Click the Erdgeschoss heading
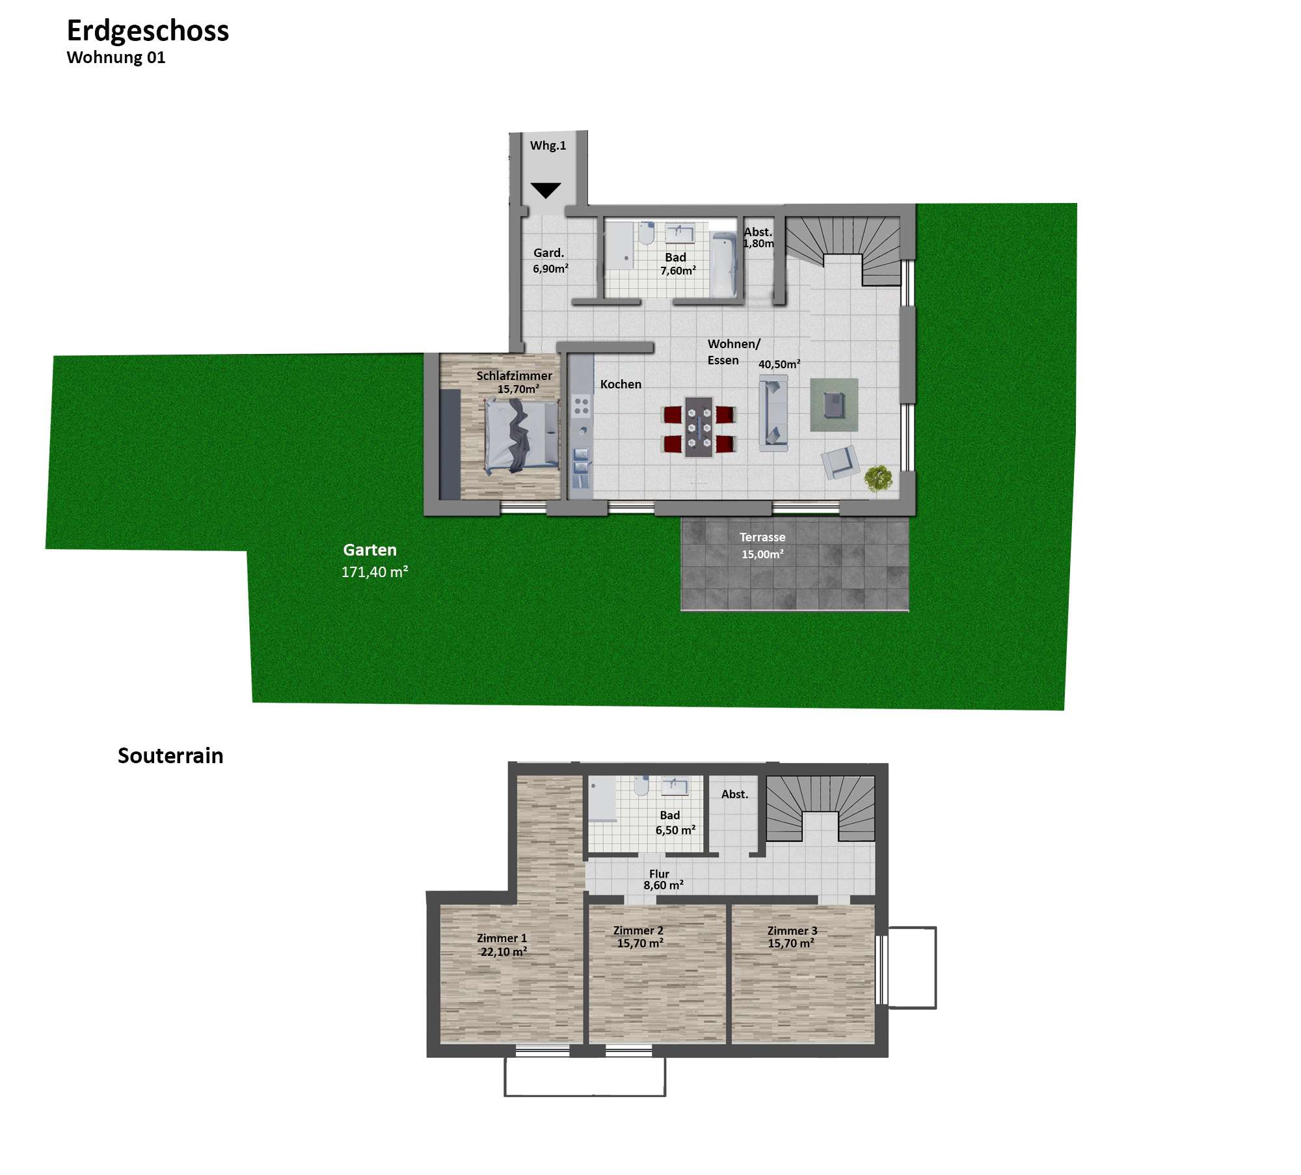148,31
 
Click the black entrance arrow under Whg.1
545,190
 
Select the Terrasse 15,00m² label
762,545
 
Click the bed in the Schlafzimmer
522,435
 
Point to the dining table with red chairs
699,427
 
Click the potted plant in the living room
878,479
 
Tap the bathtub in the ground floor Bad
723,265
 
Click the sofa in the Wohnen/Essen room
773,412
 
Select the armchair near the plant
840,461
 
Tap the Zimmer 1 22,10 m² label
502,945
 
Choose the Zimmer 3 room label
792,937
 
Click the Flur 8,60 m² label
662,880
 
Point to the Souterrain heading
170,755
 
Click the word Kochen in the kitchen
621,385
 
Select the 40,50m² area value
779,364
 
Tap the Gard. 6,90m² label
550,260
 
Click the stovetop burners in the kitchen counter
582,406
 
